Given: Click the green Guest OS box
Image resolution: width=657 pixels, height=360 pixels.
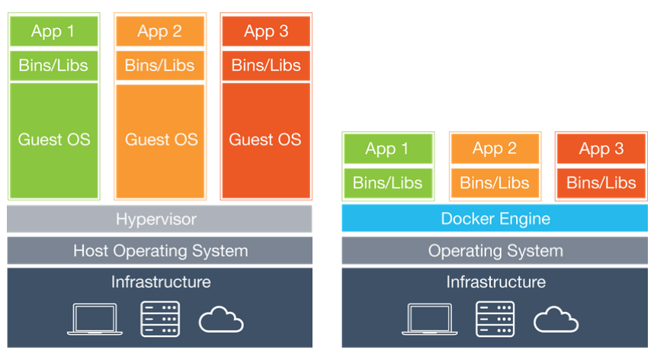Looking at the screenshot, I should tap(53, 140).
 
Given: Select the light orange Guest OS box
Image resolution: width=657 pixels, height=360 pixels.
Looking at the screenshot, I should tap(160, 140).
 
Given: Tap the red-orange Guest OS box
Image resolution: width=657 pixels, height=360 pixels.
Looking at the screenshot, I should tap(265, 140).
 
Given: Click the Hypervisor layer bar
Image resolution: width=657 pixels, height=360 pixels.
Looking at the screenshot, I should tap(159, 219).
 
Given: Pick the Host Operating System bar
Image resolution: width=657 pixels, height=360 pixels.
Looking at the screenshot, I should tap(159, 250).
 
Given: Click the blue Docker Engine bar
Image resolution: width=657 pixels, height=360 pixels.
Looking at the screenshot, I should tap(495, 219).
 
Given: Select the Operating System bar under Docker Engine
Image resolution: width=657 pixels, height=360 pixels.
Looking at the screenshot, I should tap(495, 250).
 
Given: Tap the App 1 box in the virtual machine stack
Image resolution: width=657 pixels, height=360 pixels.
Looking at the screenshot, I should tap(53, 31).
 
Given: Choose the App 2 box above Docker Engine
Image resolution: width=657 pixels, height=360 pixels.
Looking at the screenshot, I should tap(495, 149).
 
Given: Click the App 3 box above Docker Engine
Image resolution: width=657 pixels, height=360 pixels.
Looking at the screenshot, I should tap(601, 149).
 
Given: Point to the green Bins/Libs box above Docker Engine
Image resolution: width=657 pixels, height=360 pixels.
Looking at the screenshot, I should tap(388, 183).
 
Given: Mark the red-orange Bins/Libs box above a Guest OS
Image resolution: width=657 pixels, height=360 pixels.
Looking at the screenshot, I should tap(265, 66).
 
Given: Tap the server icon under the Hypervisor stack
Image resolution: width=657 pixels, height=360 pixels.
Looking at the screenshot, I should tap(160, 319).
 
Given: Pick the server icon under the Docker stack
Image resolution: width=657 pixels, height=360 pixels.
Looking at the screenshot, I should tap(495, 319).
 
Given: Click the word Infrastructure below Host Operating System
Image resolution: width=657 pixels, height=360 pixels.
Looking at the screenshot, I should tap(160, 282).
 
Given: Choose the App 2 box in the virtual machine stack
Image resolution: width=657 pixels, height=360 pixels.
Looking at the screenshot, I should tap(160, 31).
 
